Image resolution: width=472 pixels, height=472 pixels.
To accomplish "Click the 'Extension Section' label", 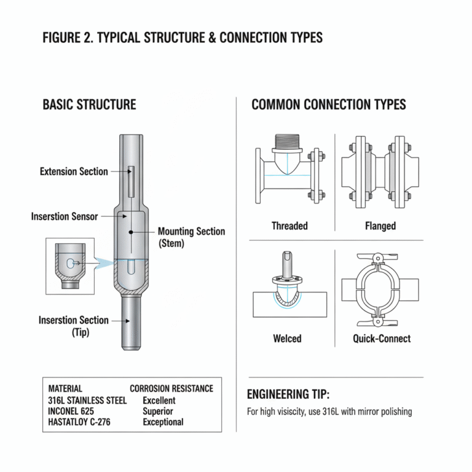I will coord(74,171).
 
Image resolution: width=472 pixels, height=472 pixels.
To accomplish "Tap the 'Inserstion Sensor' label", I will coord(65,217).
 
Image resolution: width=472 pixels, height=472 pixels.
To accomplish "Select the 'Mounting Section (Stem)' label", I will coord(191,237).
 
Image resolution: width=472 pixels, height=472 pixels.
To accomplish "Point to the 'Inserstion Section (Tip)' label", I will coord(73,326).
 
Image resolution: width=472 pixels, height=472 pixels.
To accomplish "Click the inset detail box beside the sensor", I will coord(70,265).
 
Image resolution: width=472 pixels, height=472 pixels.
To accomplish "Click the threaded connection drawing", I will coord(286,173).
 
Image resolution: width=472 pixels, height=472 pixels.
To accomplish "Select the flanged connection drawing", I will coord(380,173).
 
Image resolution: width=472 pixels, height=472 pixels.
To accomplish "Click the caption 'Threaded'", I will coord(289,226).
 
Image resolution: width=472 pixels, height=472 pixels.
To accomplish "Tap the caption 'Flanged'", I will coord(380,226).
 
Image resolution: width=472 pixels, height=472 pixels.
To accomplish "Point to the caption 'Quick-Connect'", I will coord(382,338).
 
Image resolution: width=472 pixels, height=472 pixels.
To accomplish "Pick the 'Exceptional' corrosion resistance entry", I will coord(163,422).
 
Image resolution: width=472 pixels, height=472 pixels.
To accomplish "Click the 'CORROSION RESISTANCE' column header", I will coord(171,388).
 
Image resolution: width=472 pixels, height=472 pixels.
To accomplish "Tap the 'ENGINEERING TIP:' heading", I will coord(288,395).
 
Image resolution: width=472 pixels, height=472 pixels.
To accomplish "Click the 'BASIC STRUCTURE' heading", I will coord(89,104).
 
